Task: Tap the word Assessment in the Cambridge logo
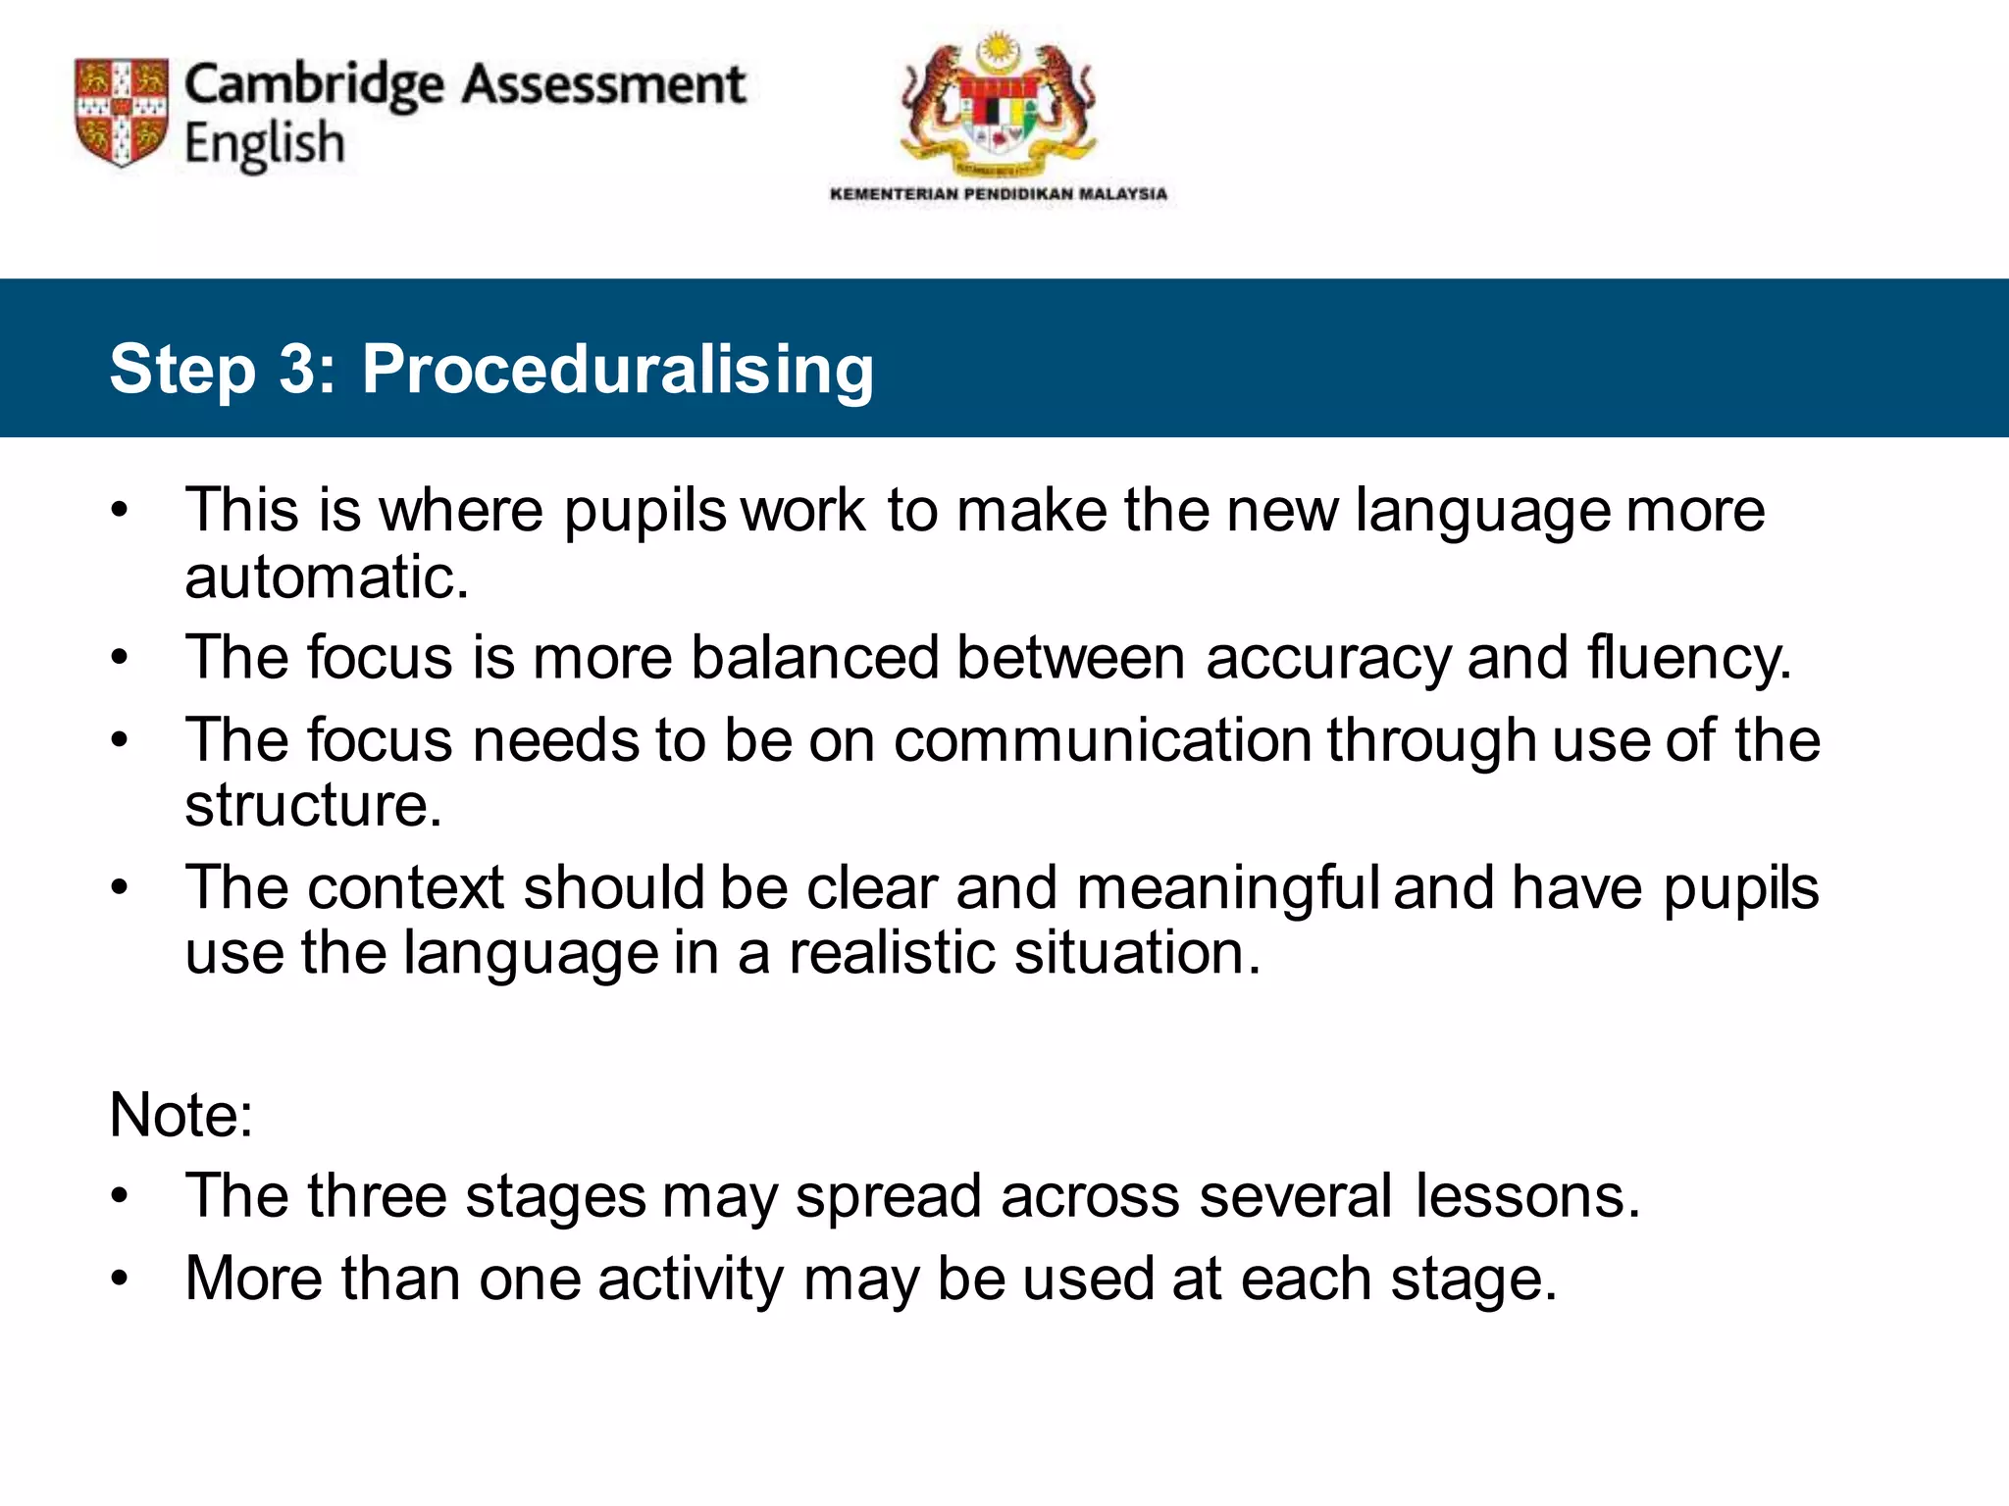[x=603, y=84]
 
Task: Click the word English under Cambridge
[x=264, y=145]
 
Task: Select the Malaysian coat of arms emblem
[x=997, y=103]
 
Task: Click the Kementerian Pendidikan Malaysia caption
[x=998, y=194]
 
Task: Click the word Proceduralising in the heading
[x=617, y=371]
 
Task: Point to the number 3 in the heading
[x=297, y=370]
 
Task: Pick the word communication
[x=1103, y=740]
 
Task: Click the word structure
[x=312, y=806]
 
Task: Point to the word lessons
[x=1527, y=1197]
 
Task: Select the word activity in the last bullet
[x=691, y=1280]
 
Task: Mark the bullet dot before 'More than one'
[x=120, y=1279]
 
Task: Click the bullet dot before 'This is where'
[x=120, y=511]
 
